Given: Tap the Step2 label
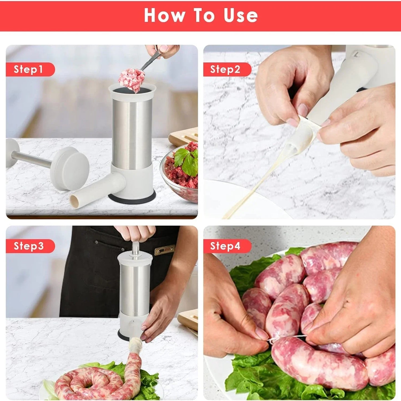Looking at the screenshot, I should pyautogui.click(x=225, y=69).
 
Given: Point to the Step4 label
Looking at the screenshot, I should pyautogui.click(x=225, y=246).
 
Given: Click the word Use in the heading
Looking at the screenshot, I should pyautogui.click(x=241, y=16).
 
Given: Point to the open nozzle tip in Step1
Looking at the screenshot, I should pyautogui.click(x=75, y=200).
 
